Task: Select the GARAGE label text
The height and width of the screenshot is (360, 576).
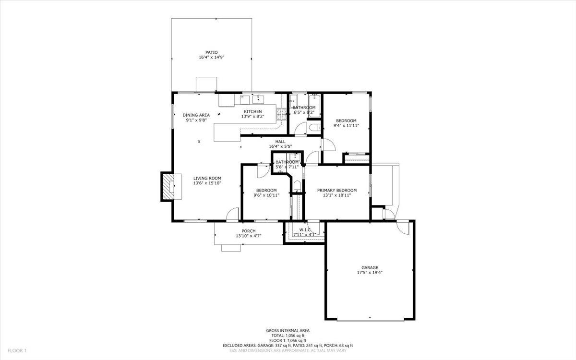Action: [370, 267]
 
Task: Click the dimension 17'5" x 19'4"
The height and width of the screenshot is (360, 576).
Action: [370, 272]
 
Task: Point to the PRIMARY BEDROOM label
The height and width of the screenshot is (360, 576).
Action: [337, 190]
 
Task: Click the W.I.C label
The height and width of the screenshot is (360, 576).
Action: [305, 230]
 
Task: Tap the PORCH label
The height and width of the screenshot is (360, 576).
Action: [248, 231]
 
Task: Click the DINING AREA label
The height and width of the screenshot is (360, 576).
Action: [196, 115]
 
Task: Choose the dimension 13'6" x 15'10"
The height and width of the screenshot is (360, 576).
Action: [207, 183]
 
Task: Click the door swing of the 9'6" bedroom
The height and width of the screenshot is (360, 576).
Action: [263, 170]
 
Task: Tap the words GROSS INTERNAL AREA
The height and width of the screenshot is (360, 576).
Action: [288, 330]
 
